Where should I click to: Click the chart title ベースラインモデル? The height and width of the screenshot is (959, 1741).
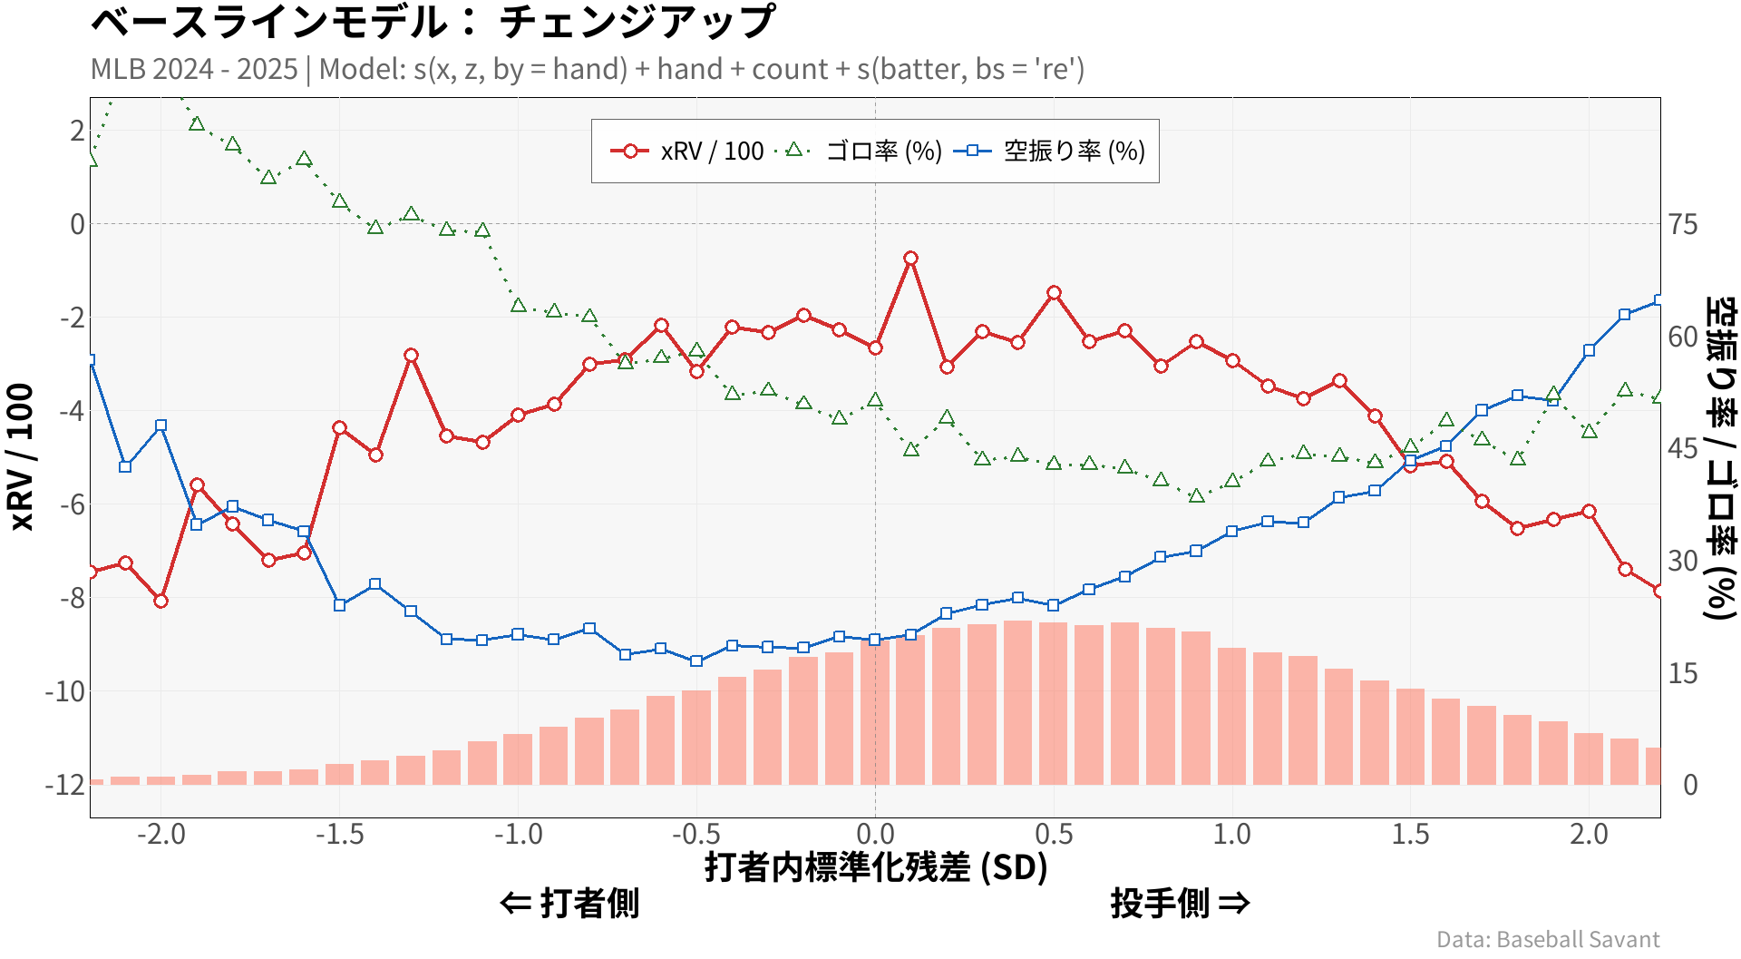tap(433, 22)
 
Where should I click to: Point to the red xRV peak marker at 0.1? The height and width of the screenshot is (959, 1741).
tap(911, 259)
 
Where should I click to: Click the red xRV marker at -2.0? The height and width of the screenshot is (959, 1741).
tap(161, 601)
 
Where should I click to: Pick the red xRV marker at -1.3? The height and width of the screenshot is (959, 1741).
tap(412, 355)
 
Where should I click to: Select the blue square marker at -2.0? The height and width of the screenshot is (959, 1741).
tap(161, 426)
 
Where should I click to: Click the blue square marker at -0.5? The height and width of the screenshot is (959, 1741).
tap(696, 661)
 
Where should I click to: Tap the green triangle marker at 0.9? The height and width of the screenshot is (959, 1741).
tap(1197, 496)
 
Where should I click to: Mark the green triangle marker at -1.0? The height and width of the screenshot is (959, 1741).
tap(519, 306)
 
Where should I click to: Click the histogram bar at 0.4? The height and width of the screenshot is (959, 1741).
tap(1017, 703)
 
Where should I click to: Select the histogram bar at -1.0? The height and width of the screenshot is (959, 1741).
tap(518, 759)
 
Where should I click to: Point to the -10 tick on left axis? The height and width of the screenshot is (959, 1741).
tap(65, 691)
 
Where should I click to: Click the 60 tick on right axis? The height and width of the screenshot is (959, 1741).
tap(1683, 337)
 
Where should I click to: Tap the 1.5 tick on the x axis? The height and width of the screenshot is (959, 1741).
tap(1411, 834)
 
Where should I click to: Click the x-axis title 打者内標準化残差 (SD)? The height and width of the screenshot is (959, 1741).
tap(876, 867)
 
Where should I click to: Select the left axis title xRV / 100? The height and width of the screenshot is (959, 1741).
tap(22, 456)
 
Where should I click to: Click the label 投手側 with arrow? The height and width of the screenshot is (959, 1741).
tap(1180, 904)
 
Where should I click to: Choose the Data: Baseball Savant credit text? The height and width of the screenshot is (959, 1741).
tap(1548, 940)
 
